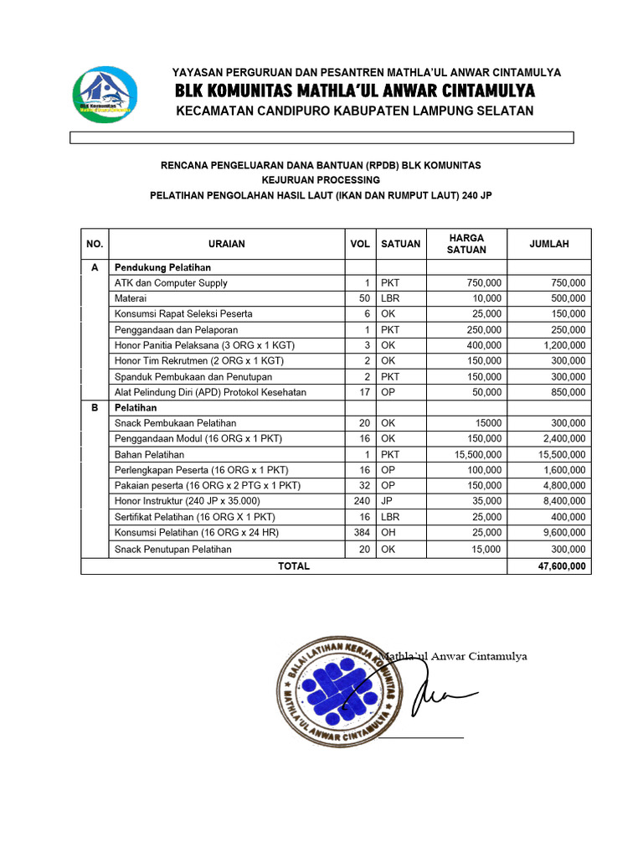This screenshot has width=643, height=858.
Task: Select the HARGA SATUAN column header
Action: pyautogui.click(x=466, y=244)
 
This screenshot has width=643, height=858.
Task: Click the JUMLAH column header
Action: pyautogui.click(x=549, y=244)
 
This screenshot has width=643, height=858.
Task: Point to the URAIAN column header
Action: pyautogui.click(x=226, y=244)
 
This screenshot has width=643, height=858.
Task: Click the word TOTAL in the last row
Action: pyautogui.click(x=294, y=566)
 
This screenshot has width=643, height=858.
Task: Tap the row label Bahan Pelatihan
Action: pyautogui.click(x=150, y=455)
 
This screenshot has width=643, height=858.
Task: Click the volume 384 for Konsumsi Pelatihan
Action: pyautogui.click(x=361, y=533)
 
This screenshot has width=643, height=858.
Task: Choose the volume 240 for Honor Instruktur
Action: pyautogui.click(x=361, y=502)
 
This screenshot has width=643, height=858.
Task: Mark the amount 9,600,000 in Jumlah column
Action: pyautogui.click(x=563, y=533)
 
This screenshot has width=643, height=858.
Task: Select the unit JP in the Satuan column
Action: pyautogui.click(x=388, y=502)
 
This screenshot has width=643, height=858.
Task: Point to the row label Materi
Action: pyautogui.click(x=131, y=298)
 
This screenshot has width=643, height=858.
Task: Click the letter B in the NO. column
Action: pyautogui.click(x=95, y=408)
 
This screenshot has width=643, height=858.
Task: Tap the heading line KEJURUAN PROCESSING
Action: pyautogui.click(x=321, y=180)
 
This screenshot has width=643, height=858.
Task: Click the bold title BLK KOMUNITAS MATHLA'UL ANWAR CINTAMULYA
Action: pyautogui.click(x=354, y=90)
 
